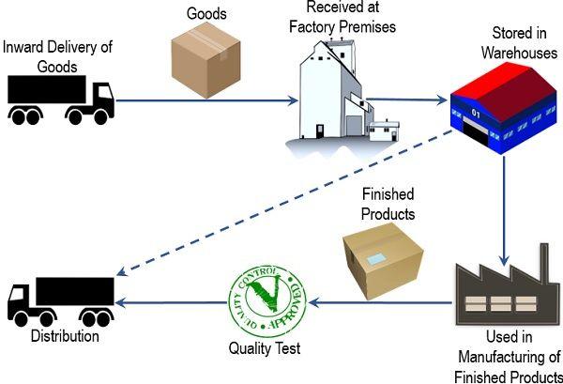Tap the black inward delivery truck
click(60, 100)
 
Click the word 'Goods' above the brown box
click(206, 14)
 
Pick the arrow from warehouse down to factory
click(505, 202)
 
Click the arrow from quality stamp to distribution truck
click(174, 303)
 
